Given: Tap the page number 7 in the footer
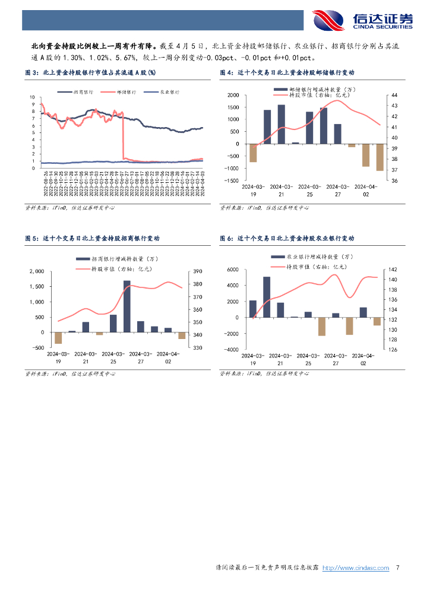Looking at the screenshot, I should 397,568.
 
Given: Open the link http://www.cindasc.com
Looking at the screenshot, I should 355,568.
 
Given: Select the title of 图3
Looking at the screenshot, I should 90,73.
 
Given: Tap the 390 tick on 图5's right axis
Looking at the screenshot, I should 197,271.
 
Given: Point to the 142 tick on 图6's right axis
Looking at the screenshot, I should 393,270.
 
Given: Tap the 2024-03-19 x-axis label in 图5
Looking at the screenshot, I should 58,357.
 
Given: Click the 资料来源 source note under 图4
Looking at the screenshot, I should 265,208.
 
